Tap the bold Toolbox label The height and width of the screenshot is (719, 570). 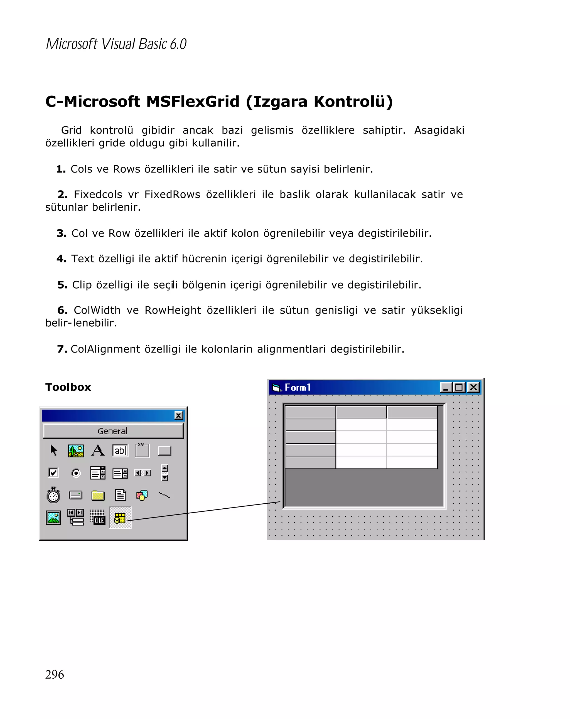[68, 387]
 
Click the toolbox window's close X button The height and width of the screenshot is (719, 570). [178, 415]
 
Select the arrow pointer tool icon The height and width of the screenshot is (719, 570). [53, 450]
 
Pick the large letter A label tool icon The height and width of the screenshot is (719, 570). [98, 450]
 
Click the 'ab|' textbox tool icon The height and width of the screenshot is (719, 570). [120, 450]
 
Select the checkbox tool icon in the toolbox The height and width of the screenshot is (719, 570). [53, 472]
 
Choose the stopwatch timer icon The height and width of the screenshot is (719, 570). [53, 495]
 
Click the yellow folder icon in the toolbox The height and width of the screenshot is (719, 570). [98, 495]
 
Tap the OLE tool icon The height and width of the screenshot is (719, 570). [98, 517]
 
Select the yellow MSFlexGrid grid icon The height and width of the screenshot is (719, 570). [120, 518]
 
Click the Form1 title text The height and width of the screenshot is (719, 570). [298, 387]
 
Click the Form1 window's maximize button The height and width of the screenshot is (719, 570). [459, 387]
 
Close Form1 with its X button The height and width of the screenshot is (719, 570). [473, 387]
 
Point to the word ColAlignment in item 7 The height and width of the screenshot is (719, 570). [105, 349]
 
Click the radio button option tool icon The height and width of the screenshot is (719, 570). [76, 473]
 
